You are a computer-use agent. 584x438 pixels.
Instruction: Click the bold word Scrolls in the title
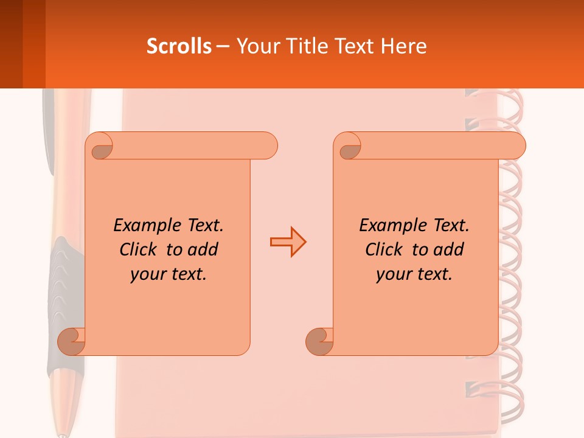click(179, 46)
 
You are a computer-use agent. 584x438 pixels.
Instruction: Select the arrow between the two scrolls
click(288, 242)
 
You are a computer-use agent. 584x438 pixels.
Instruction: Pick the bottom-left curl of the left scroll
click(72, 341)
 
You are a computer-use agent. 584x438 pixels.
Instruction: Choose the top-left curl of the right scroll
click(349, 147)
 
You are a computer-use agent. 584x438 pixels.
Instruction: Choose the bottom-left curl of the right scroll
click(320, 341)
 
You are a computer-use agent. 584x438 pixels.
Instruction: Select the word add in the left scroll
click(203, 249)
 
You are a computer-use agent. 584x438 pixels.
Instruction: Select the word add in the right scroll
click(448, 249)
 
